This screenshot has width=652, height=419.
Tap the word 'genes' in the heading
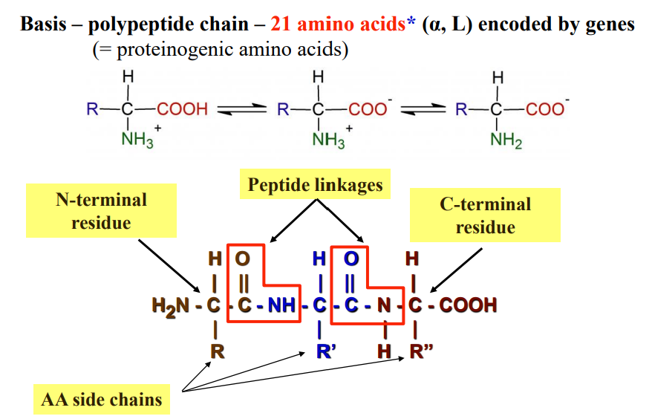[609, 24]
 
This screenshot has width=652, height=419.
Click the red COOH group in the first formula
[183, 110]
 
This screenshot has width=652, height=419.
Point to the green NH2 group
[506, 140]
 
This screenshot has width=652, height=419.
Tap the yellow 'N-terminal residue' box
[101, 211]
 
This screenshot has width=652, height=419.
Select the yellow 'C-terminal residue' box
[485, 215]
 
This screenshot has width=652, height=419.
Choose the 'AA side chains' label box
[101, 400]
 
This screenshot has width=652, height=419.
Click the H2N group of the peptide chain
[169, 305]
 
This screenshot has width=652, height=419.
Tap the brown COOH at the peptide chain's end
[467, 305]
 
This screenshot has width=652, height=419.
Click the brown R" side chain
[422, 351]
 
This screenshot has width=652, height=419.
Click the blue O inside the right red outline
[351, 259]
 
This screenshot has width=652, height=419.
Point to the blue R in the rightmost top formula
[461, 110]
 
